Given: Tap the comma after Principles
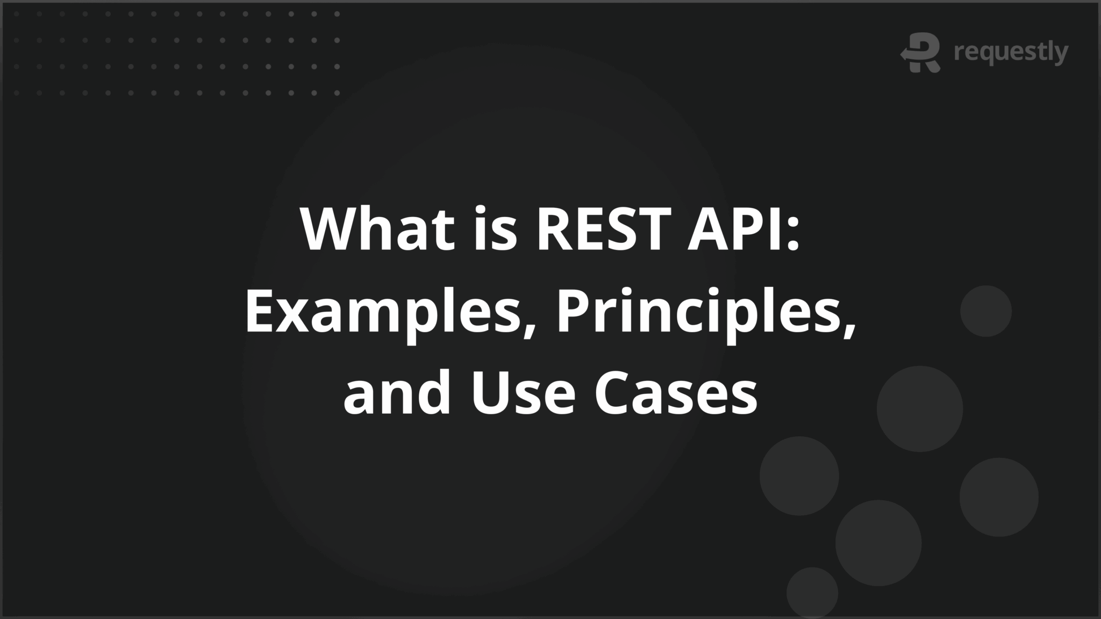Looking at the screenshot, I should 848,328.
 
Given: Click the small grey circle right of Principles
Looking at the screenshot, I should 985,311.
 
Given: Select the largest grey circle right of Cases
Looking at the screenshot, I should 919,409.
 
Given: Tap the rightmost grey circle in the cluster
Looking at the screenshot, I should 999,497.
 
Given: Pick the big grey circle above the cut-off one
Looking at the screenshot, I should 878,543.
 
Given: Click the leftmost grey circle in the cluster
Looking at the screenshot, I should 799,476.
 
